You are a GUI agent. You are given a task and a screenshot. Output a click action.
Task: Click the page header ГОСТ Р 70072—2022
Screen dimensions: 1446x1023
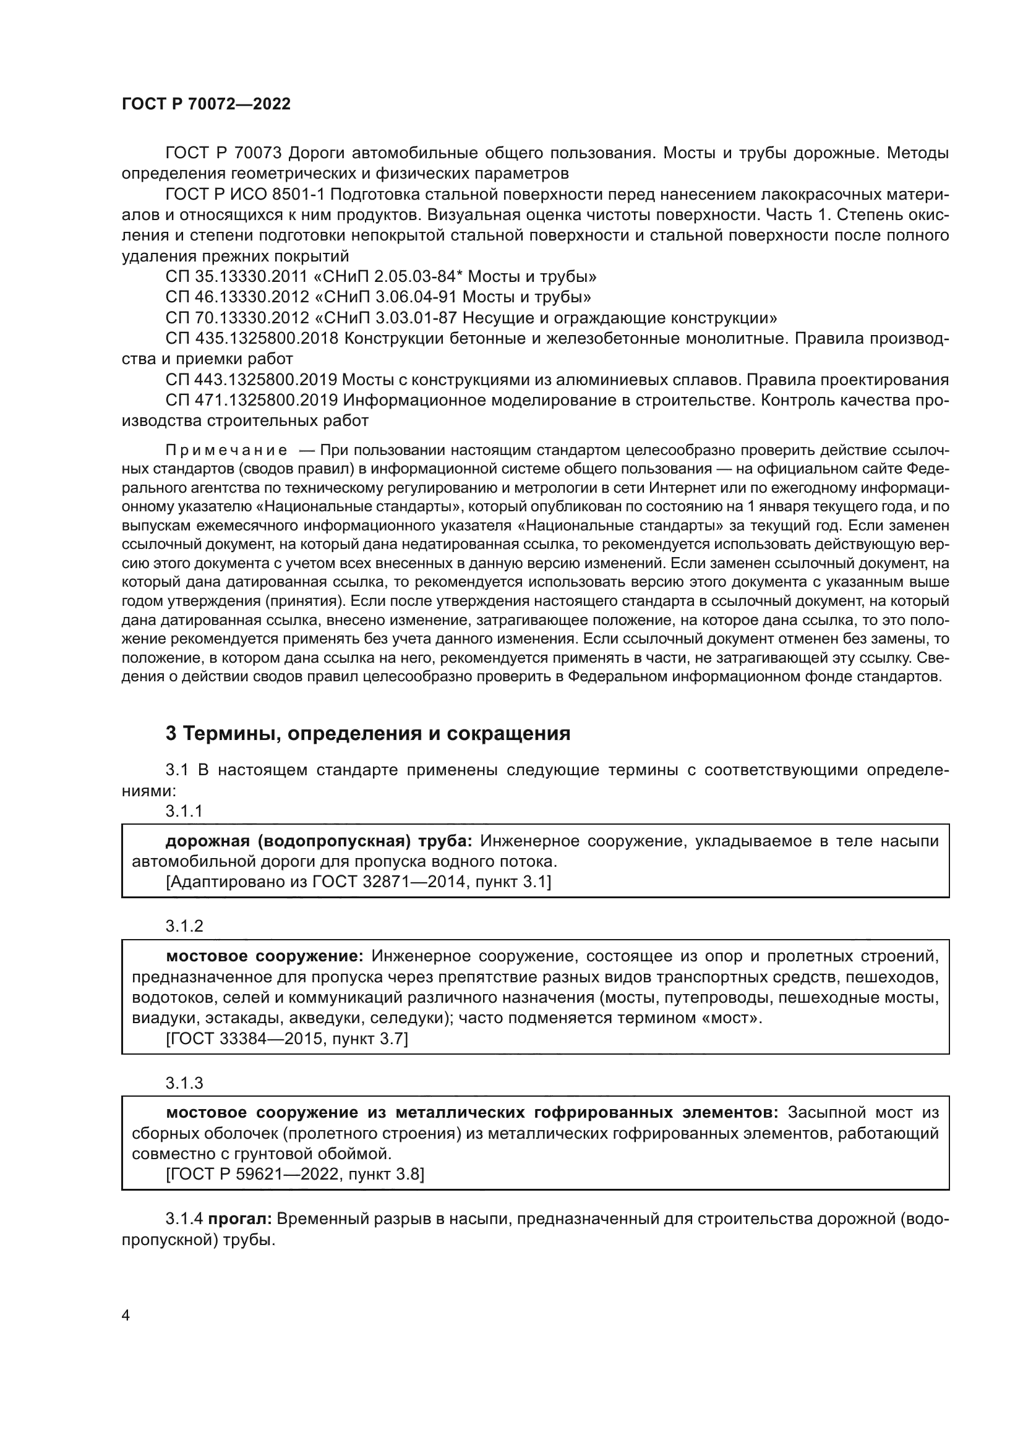click(x=206, y=104)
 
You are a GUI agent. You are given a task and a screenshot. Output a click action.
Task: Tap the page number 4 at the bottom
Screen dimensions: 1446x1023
click(x=126, y=1316)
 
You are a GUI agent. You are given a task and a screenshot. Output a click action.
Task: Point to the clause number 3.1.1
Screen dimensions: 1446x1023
click(x=184, y=811)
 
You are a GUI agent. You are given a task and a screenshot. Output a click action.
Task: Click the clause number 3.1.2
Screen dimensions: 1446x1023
click(x=184, y=926)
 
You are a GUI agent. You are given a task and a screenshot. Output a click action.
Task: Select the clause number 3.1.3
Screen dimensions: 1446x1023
click(x=184, y=1083)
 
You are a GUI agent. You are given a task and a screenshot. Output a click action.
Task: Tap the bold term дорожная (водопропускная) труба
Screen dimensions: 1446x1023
click(x=318, y=841)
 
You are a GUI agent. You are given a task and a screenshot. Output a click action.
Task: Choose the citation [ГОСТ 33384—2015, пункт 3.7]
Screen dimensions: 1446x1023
click(x=286, y=1039)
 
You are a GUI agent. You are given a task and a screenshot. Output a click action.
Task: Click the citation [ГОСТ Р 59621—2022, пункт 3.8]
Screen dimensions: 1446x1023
click(x=295, y=1175)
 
